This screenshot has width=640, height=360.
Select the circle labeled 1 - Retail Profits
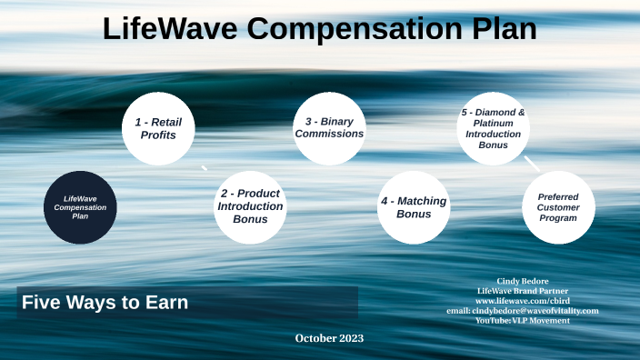161,128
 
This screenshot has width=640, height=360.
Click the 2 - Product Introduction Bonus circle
250,206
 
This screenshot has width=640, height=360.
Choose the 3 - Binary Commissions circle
328,128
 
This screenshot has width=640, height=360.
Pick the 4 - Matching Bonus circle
414,207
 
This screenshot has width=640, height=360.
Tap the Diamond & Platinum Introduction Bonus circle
493,128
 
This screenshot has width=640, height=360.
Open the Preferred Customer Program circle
558,207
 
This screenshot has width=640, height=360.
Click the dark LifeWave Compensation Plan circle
80,207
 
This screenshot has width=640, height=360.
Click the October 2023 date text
329,338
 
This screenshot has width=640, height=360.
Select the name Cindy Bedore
522,281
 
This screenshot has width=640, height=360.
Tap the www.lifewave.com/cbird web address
522,301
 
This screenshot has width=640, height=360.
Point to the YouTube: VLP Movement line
522,321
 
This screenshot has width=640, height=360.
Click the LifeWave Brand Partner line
522,291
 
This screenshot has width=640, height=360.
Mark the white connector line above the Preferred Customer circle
532,164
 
